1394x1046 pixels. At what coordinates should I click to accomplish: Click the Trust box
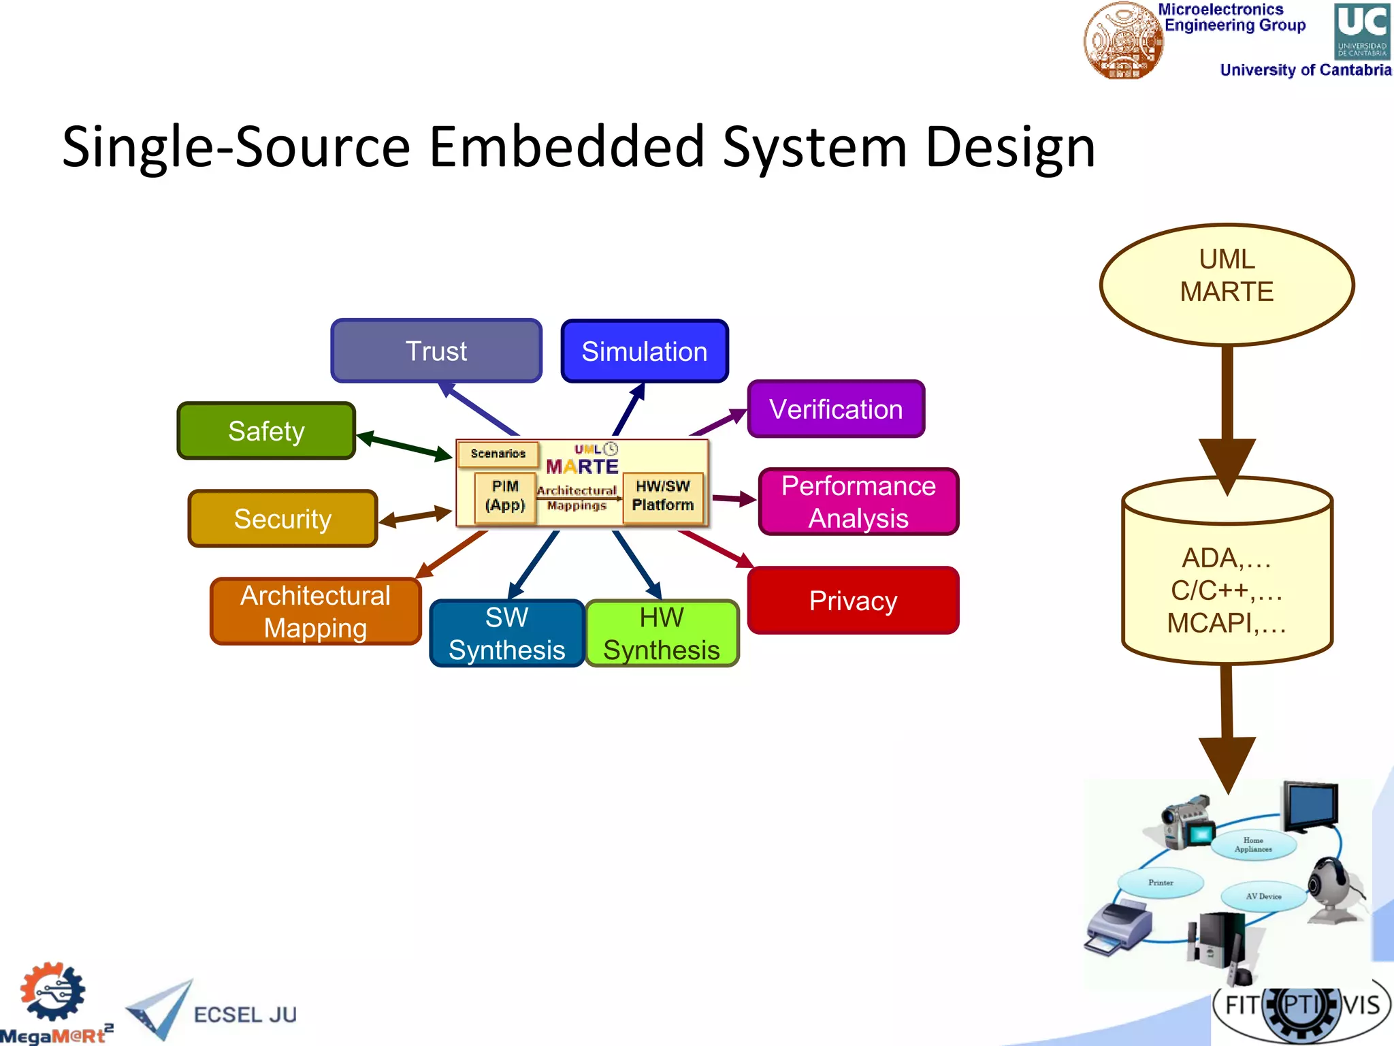(x=436, y=351)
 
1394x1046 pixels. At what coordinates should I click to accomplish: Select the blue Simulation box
(x=644, y=351)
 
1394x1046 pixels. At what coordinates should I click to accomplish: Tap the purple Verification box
(x=836, y=409)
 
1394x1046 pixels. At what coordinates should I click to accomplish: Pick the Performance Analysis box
(x=858, y=502)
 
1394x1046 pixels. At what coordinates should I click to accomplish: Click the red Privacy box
(x=853, y=601)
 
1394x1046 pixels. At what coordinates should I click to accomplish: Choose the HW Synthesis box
(x=662, y=633)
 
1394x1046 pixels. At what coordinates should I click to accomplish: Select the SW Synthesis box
(x=507, y=633)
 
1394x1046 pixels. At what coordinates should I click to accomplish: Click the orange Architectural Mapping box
(x=315, y=612)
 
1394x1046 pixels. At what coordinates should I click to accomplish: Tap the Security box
(x=282, y=519)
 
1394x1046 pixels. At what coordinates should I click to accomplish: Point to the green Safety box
(x=266, y=431)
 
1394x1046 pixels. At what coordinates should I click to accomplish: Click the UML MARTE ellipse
(x=1227, y=284)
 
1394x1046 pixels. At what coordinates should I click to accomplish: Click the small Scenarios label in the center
(x=498, y=454)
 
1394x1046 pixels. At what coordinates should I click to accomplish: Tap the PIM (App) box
(x=505, y=496)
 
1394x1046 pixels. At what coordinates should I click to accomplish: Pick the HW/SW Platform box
(x=662, y=496)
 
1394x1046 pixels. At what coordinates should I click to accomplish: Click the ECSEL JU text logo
(x=245, y=1015)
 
